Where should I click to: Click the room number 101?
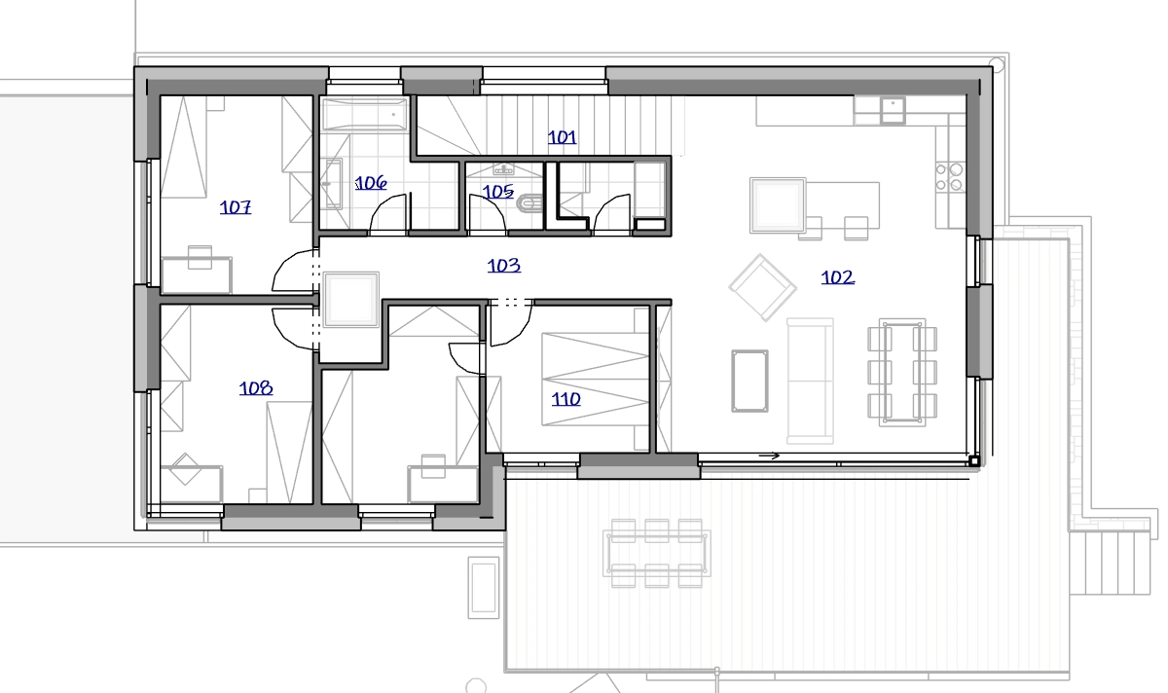coord(563,137)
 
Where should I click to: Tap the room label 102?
coord(837,277)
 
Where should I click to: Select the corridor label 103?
coord(504,266)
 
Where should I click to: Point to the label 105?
coord(498,192)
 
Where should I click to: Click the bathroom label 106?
coord(371,183)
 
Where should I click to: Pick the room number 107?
coord(236,207)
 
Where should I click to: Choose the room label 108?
coord(255,388)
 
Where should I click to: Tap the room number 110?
coord(566,399)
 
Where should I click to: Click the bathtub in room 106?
coord(364,114)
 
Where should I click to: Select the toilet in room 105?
coord(529,202)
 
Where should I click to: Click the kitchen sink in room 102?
coord(893,110)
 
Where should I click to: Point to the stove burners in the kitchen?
coord(950,177)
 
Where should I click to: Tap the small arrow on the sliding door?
coord(769,456)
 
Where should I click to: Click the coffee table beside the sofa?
coord(749,382)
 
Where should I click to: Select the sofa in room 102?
coord(810,382)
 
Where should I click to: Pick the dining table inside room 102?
coord(902,373)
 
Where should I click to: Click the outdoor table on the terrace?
coord(656,553)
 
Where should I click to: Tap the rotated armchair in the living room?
coord(763,287)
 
